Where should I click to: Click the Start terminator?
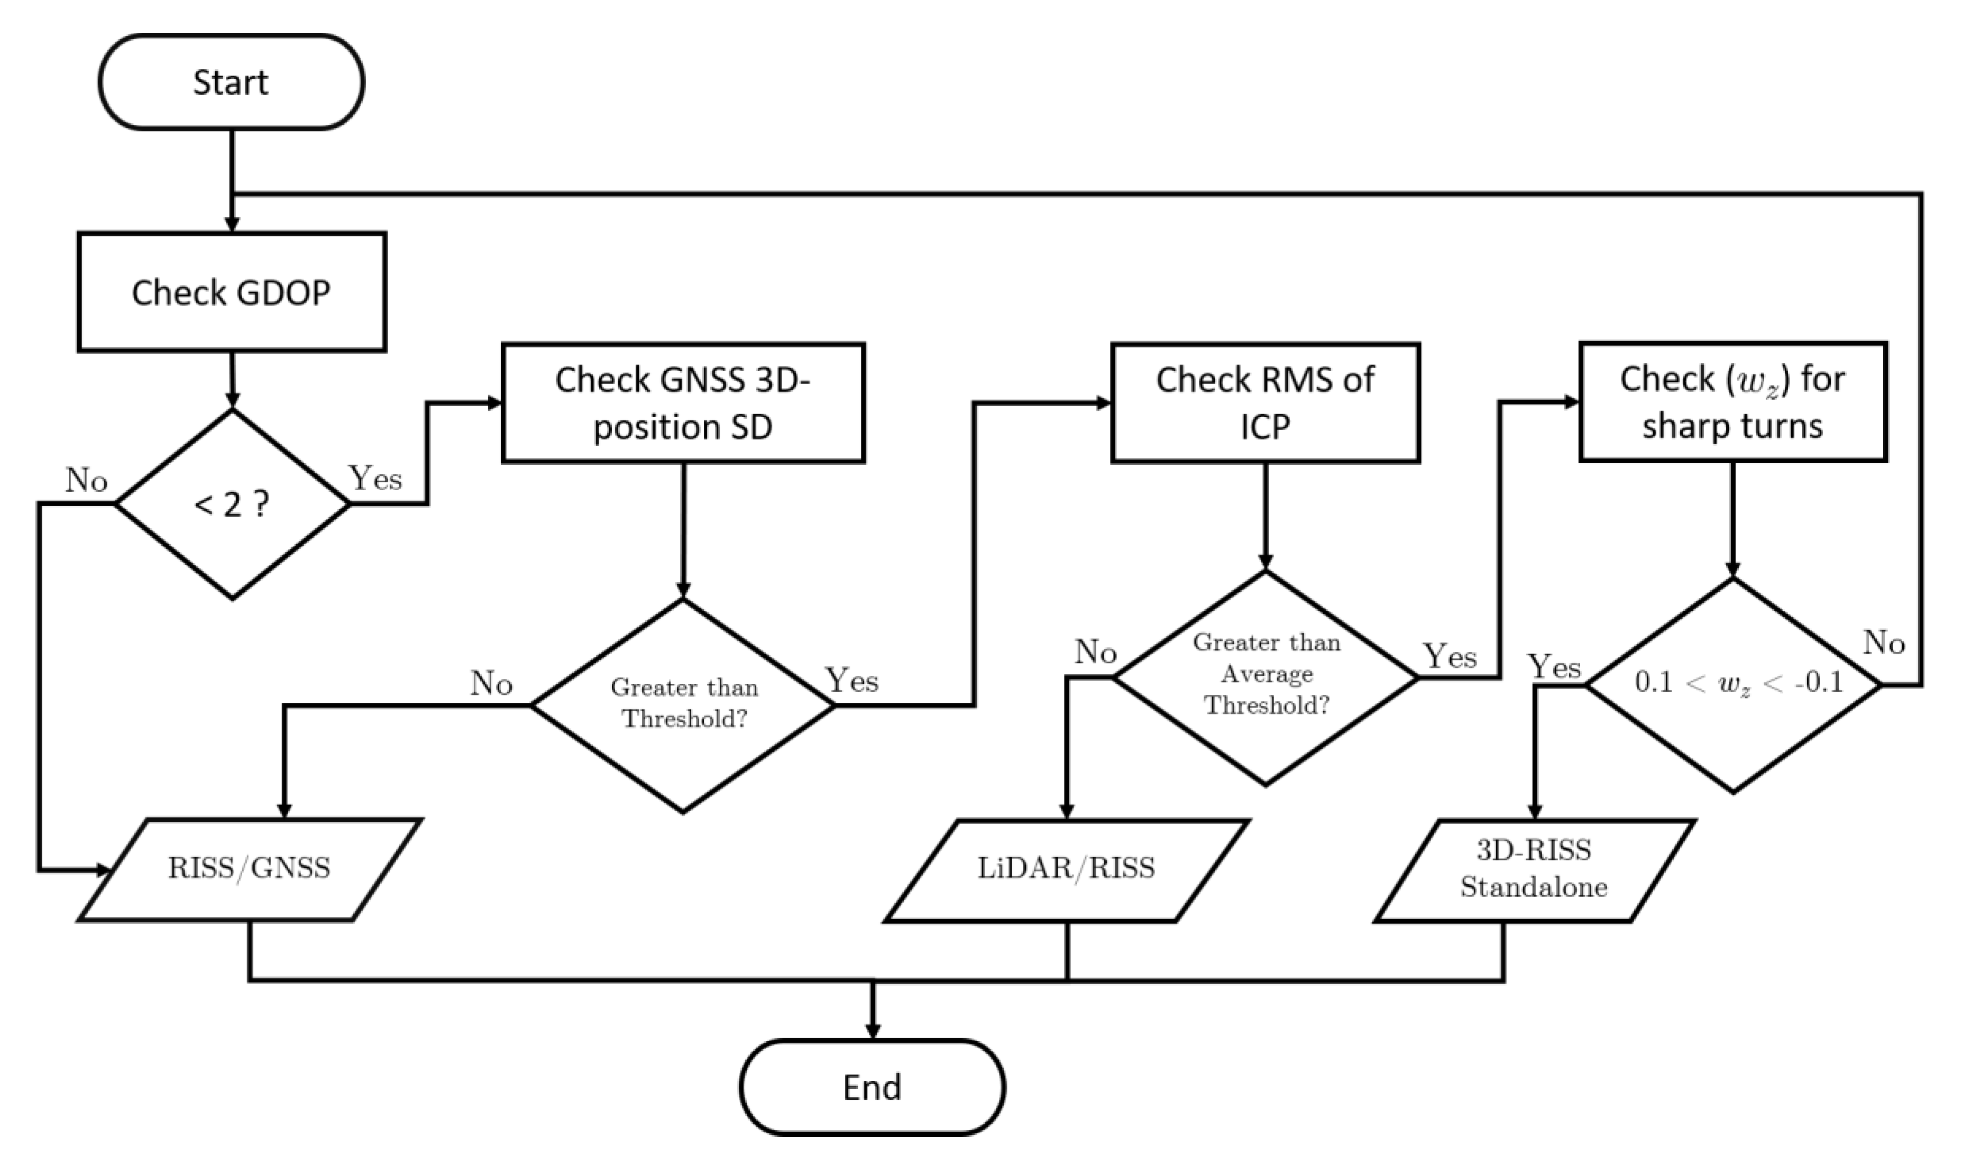tap(231, 82)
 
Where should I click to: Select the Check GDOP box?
tap(231, 292)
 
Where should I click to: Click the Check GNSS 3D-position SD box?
tap(683, 403)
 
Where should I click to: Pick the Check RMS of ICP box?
tap(1265, 403)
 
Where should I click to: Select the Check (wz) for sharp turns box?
tap(1732, 402)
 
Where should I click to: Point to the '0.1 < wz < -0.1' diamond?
tap(1733, 684)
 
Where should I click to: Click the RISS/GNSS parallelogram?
tap(249, 868)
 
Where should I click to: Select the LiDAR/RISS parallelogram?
tap(1066, 868)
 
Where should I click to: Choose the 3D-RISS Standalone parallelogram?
tap(1534, 868)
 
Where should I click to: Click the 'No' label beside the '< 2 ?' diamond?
tap(86, 481)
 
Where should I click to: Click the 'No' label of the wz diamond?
tap(1883, 643)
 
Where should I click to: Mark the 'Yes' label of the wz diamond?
tap(1554, 667)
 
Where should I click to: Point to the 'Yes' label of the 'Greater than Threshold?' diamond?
tap(851, 681)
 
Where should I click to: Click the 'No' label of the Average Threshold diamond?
tap(1095, 653)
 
